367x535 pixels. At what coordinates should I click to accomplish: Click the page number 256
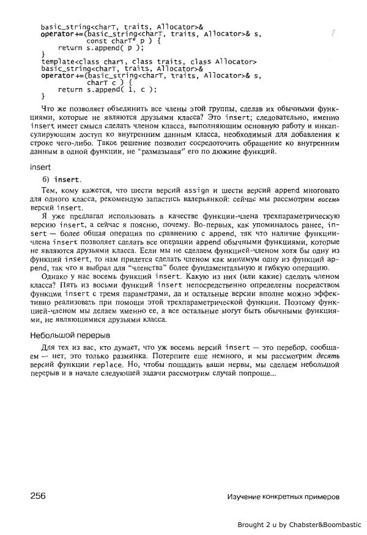click(38, 495)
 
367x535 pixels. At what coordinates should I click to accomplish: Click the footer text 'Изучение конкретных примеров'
click(282, 497)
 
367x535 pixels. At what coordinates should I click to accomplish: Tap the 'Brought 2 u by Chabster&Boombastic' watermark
click(299, 524)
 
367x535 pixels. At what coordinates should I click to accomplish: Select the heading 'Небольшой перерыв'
click(70, 335)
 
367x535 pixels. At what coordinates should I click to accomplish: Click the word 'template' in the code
click(58, 62)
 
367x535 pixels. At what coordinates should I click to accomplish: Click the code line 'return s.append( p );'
click(101, 48)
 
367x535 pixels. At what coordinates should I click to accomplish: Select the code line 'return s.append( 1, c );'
click(107, 89)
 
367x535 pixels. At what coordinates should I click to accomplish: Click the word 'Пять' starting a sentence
click(70, 284)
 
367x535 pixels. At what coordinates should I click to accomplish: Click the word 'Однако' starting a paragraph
click(51, 276)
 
